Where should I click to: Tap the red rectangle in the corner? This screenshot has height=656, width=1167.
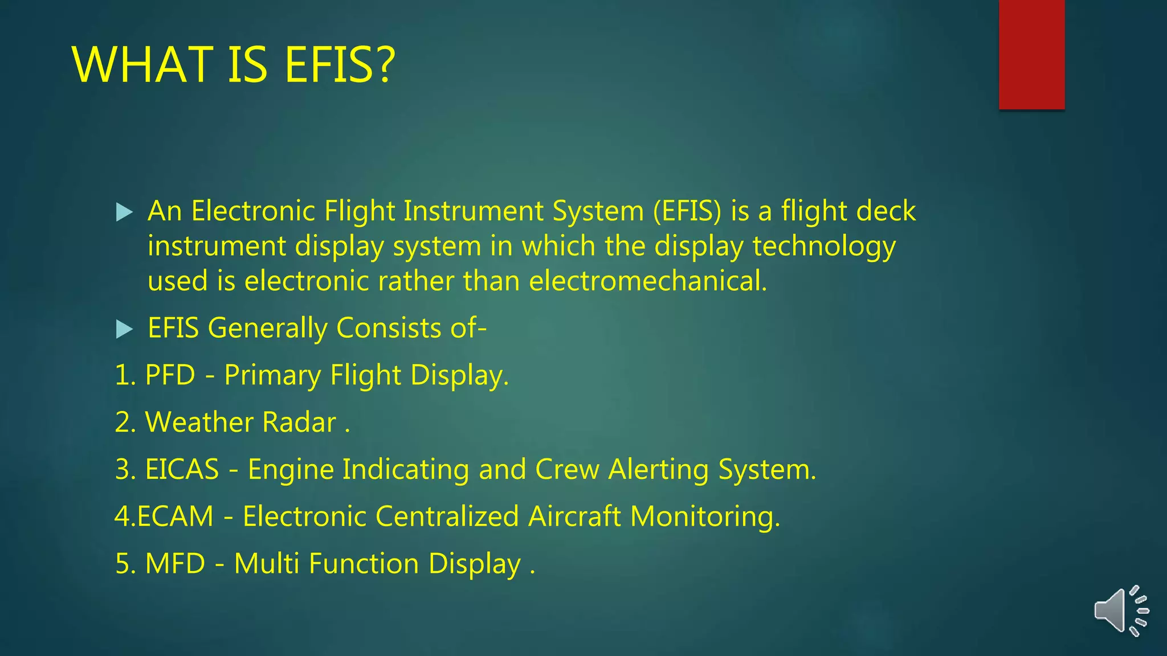point(1031,55)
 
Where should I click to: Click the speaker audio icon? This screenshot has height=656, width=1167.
point(1120,611)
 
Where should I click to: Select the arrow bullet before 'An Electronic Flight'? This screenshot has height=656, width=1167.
point(124,212)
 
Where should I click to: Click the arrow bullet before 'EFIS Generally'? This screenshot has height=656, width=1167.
point(124,329)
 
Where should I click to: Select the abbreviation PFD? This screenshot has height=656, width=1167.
point(170,375)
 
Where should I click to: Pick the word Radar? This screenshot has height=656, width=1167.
point(300,423)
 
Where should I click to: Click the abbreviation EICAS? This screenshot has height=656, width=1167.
point(182,470)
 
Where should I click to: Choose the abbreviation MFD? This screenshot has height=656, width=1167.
point(175,564)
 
